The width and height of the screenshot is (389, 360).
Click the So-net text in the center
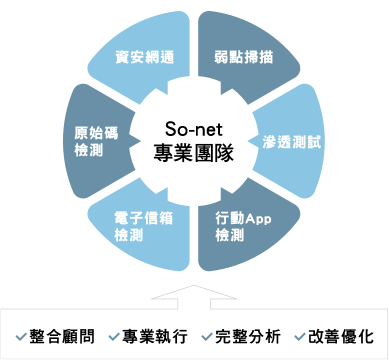[x=195, y=129]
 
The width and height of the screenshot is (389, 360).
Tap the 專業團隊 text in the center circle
[x=195, y=153]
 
